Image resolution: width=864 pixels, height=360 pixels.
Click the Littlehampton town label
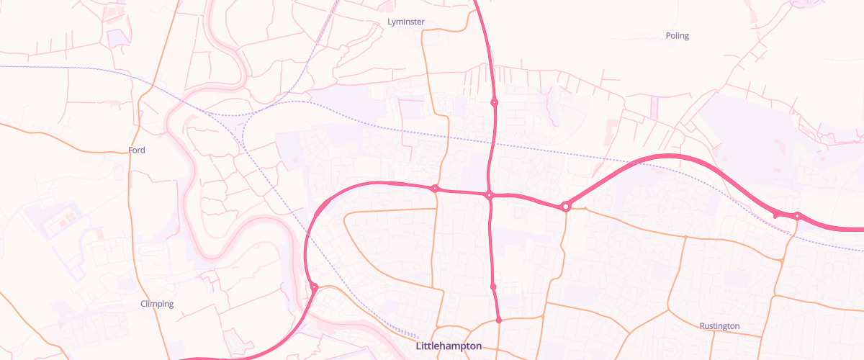tap(449, 346)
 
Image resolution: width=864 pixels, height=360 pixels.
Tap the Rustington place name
tap(719, 326)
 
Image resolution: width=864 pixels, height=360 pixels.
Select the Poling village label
tap(677, 36)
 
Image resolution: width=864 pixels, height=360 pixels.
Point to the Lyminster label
tap(406, 22)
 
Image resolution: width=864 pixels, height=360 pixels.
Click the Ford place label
tap(137, 150)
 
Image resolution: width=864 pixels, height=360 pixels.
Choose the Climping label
tap(157, 304)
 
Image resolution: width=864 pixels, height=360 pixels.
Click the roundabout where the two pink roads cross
tap(489, 195)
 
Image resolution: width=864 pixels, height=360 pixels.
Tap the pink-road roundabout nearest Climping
tap(314, 287)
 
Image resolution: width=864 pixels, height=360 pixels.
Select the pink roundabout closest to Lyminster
tap(494, 102)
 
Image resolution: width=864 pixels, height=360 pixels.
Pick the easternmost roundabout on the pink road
tap(797, 216)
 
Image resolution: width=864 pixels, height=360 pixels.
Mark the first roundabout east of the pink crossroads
tap(566, 207)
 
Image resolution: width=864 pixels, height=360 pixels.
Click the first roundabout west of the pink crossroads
tap(435, 189)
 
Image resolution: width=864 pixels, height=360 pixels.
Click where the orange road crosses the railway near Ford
tap(134, 75)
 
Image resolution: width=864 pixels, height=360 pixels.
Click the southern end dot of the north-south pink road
tap(498, 320)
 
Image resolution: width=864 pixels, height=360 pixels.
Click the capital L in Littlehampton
tap(419, 346)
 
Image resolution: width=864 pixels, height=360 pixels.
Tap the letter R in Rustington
tap(703, 326)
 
